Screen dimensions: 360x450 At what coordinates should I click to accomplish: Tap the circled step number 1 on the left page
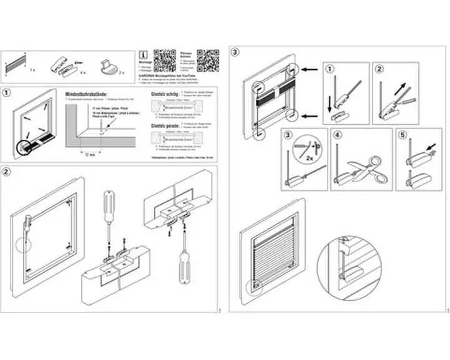click(x=6, y=93)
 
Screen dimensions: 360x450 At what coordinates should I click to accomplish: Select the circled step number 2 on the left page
click(x=6, y=172)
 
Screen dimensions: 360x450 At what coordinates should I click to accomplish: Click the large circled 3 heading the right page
click(x=235, y=52)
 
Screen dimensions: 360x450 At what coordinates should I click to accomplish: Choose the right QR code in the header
click(x=208, y=61)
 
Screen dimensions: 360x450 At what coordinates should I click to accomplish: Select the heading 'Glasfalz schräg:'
click(x=165, y=93)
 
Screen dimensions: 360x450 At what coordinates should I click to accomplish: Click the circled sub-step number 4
click(x=338, y=134)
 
